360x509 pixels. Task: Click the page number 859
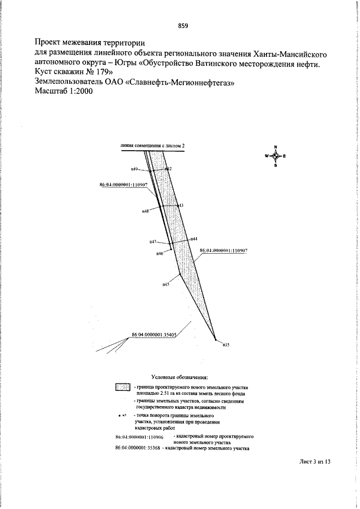(182, 26)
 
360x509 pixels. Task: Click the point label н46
(160, 254)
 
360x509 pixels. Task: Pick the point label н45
(166, 285)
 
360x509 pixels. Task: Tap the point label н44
(193, 239)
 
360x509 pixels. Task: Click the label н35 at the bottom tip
(226, 344)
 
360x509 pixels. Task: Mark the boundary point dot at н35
(215, 340)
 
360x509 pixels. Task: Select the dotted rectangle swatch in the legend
(123, 388)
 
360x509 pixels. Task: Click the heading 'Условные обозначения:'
(180, 376)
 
